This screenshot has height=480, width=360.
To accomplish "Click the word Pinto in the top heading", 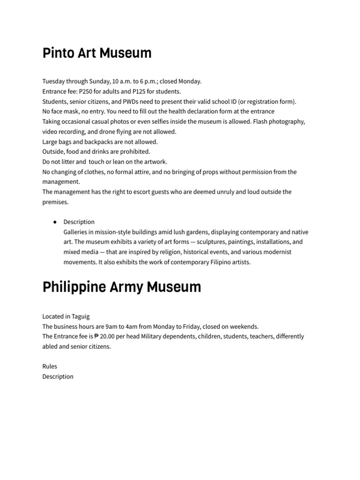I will (x=58, y=53).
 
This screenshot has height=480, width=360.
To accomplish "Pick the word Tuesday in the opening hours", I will (x=54, y=81).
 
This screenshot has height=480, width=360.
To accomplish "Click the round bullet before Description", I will (x=55, y=222).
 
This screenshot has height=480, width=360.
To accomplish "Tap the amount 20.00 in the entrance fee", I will (x=109, y=337).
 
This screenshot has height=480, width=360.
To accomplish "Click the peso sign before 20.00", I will (x=97, y=337).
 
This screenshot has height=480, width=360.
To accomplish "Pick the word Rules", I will (x=50, y=367).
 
